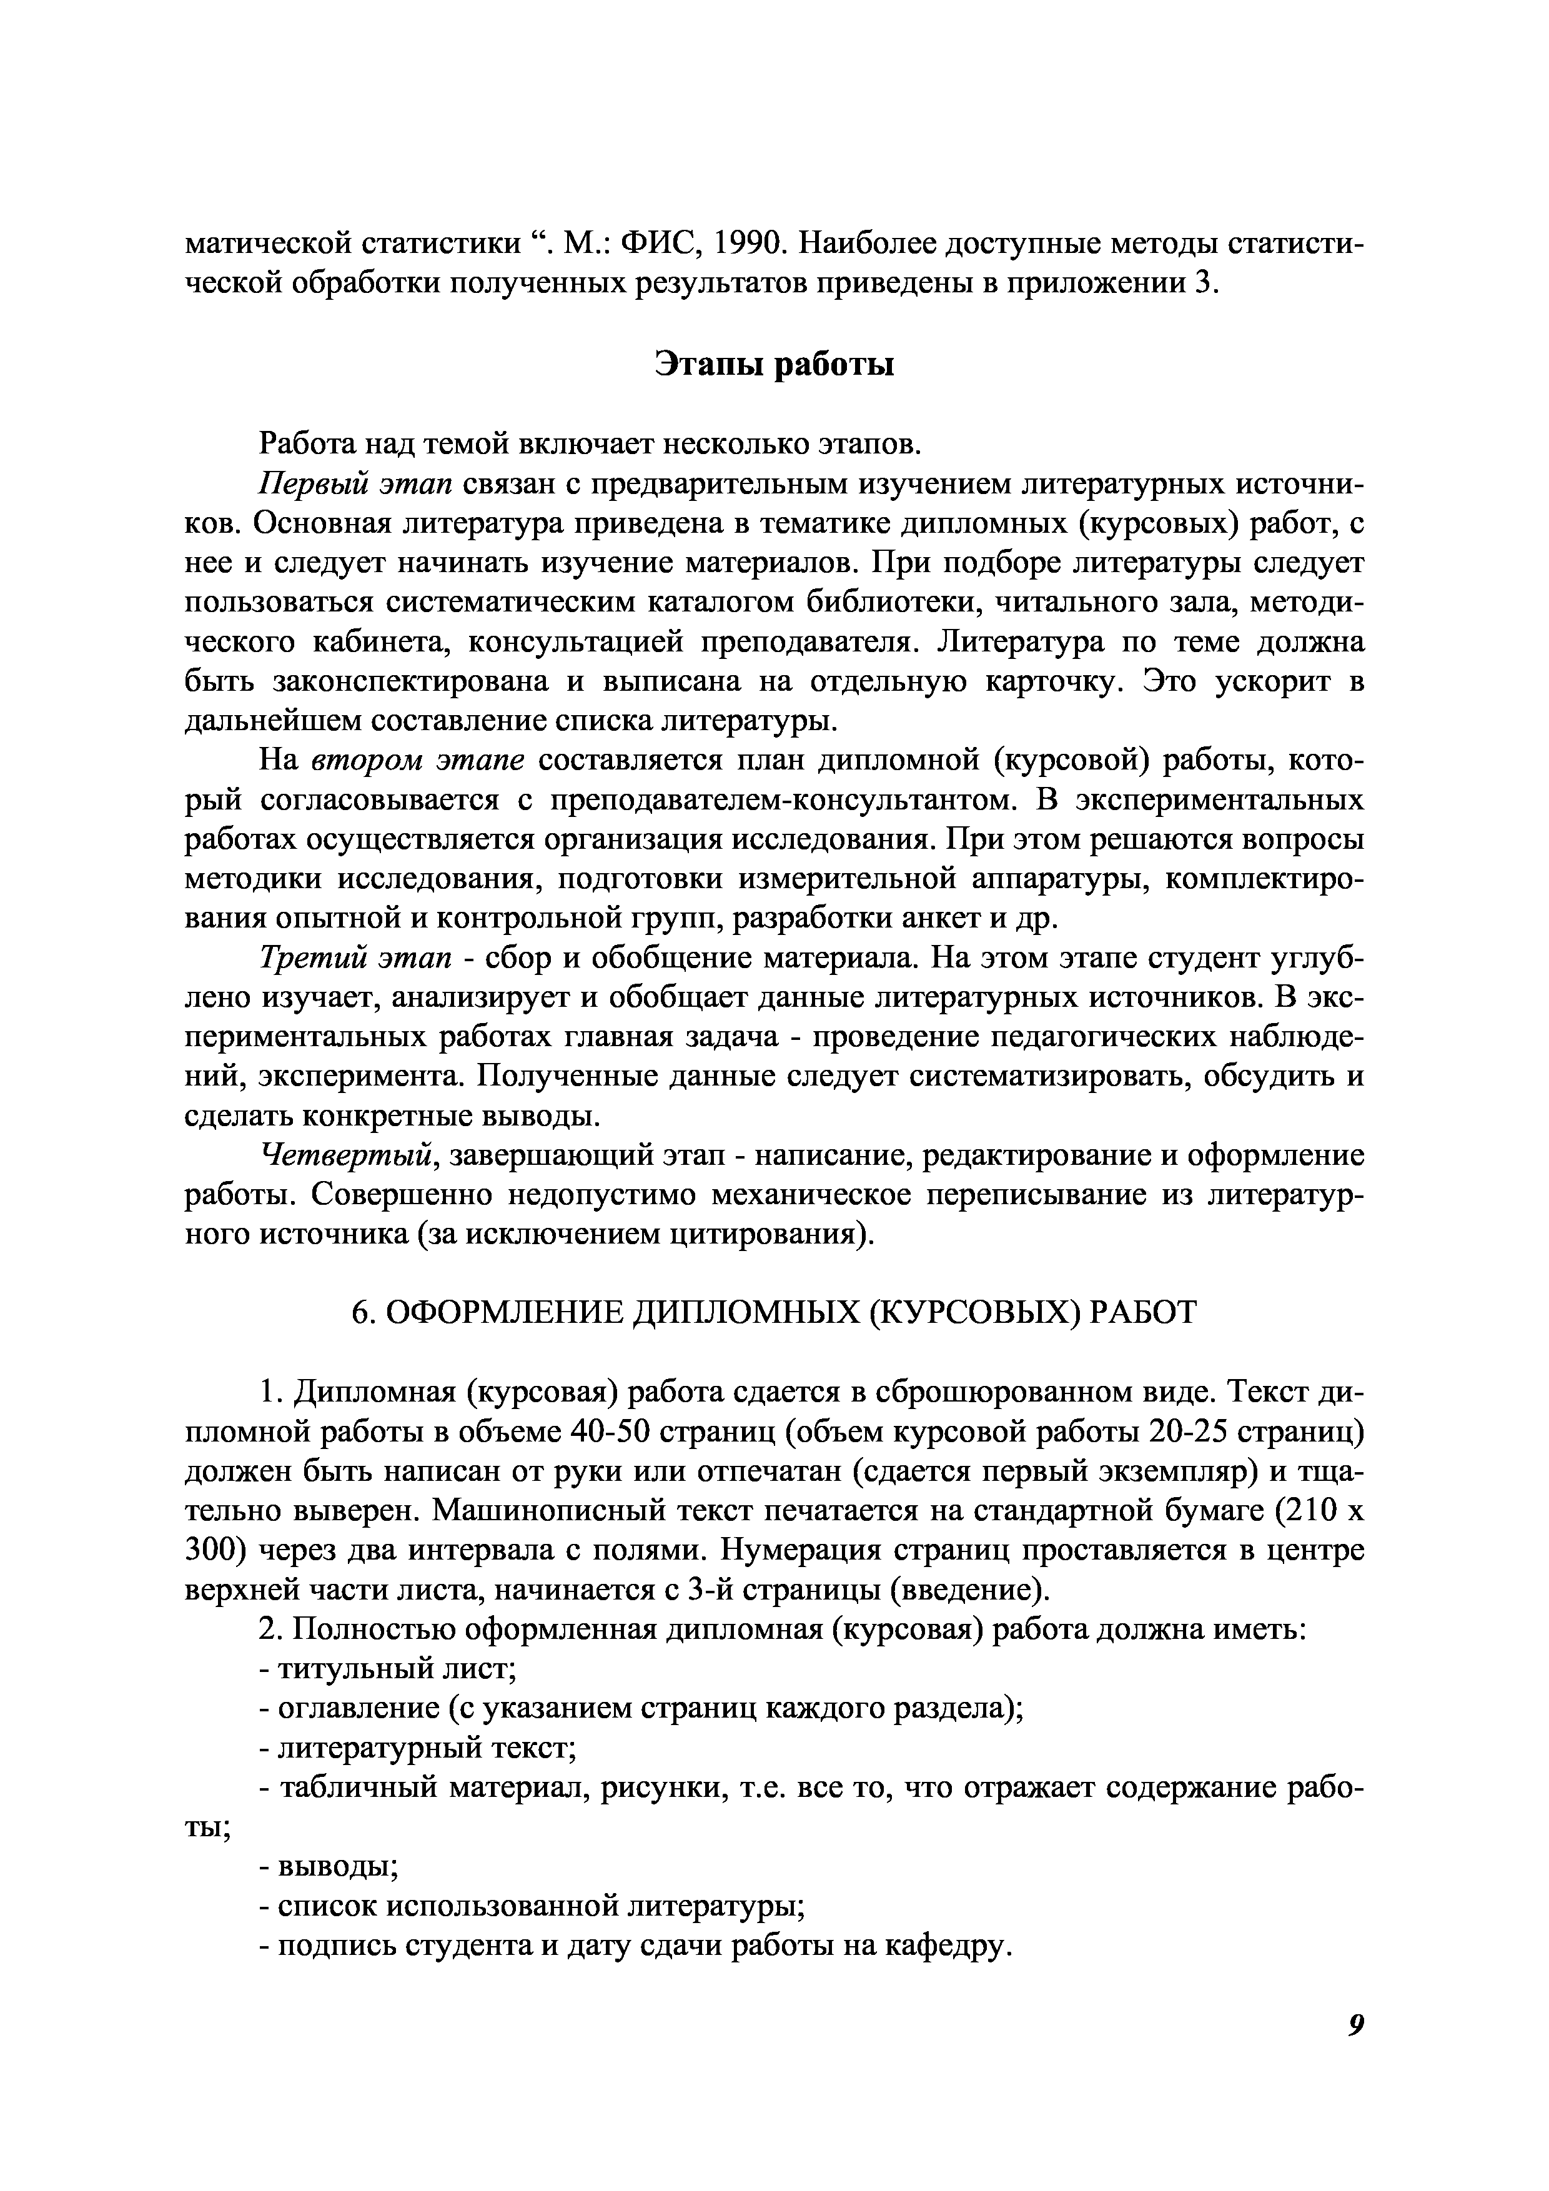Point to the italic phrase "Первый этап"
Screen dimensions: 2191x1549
356,484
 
